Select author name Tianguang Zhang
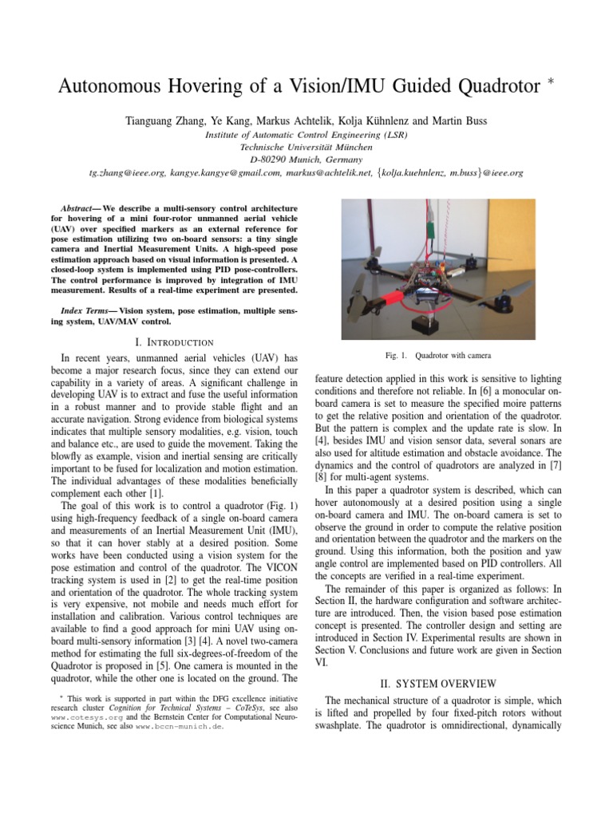(x=166, y=121)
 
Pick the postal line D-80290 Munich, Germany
(x=306, y=159)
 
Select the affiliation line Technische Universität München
(x=306, y=147)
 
